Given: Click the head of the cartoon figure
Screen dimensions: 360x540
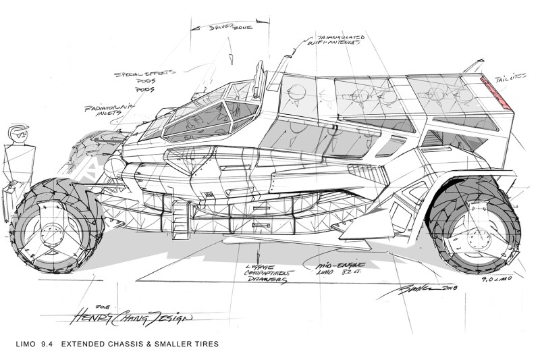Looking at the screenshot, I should [x=18, y=133].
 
